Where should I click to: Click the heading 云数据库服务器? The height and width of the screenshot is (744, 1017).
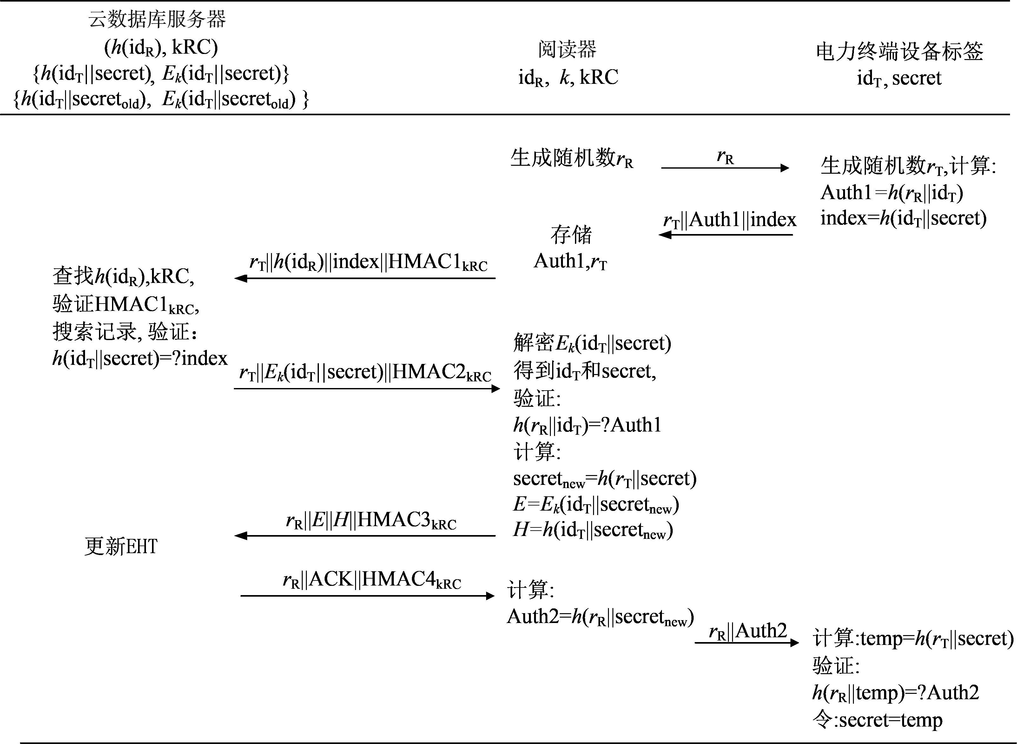coord(157,19)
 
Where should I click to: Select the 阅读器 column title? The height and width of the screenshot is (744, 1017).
coord(567,49)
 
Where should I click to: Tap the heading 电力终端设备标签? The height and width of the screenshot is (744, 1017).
coord(900,51)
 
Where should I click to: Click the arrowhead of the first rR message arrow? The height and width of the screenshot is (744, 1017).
coord(785,168)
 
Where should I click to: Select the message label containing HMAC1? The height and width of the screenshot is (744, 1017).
coord(368,262)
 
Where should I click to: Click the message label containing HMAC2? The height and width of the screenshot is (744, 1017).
coord(365,372)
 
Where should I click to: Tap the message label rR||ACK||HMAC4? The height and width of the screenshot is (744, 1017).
coord(372,580)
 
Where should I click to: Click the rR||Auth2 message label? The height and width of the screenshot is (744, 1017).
coord(748,631)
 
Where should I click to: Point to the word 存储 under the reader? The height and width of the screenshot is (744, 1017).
coord(571,234)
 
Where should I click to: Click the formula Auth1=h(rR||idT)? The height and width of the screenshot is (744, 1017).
coord(891,193)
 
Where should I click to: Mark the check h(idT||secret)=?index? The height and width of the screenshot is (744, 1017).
coord(140,359)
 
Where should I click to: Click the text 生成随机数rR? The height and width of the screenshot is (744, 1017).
coord(571,158)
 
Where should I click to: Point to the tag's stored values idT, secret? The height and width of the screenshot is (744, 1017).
coord(899,78)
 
